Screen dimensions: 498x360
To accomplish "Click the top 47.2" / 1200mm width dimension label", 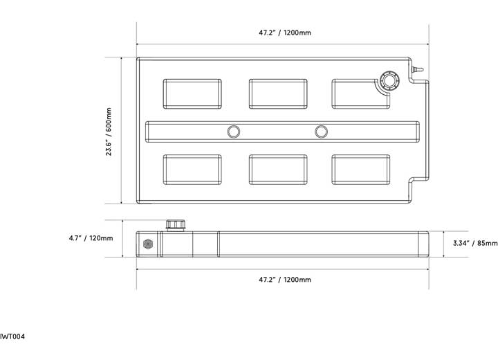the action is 285,33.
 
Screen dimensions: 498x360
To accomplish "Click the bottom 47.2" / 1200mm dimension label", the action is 285,280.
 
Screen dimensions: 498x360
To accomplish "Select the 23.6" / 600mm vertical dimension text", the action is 109,132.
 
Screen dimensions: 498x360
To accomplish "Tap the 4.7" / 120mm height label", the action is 91,238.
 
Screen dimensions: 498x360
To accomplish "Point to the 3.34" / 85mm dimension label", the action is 475,243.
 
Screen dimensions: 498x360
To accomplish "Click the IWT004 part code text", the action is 12,336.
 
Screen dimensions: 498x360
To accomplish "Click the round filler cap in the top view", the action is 389,81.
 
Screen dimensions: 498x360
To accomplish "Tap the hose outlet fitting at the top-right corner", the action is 417,69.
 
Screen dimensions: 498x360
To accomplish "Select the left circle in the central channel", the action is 234,132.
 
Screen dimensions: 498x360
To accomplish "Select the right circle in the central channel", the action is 321,132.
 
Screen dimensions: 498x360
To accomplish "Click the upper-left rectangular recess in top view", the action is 192,94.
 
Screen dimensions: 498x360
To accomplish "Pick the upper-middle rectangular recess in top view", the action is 278,94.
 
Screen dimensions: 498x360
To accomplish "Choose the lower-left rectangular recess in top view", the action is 192,170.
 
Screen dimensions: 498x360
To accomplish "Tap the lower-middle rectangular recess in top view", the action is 278,170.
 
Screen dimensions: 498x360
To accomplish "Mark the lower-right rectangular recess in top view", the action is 361,170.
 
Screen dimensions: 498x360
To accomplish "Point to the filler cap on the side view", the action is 176,225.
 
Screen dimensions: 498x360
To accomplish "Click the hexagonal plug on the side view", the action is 148,244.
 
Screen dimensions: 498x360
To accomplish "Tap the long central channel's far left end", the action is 146,132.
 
